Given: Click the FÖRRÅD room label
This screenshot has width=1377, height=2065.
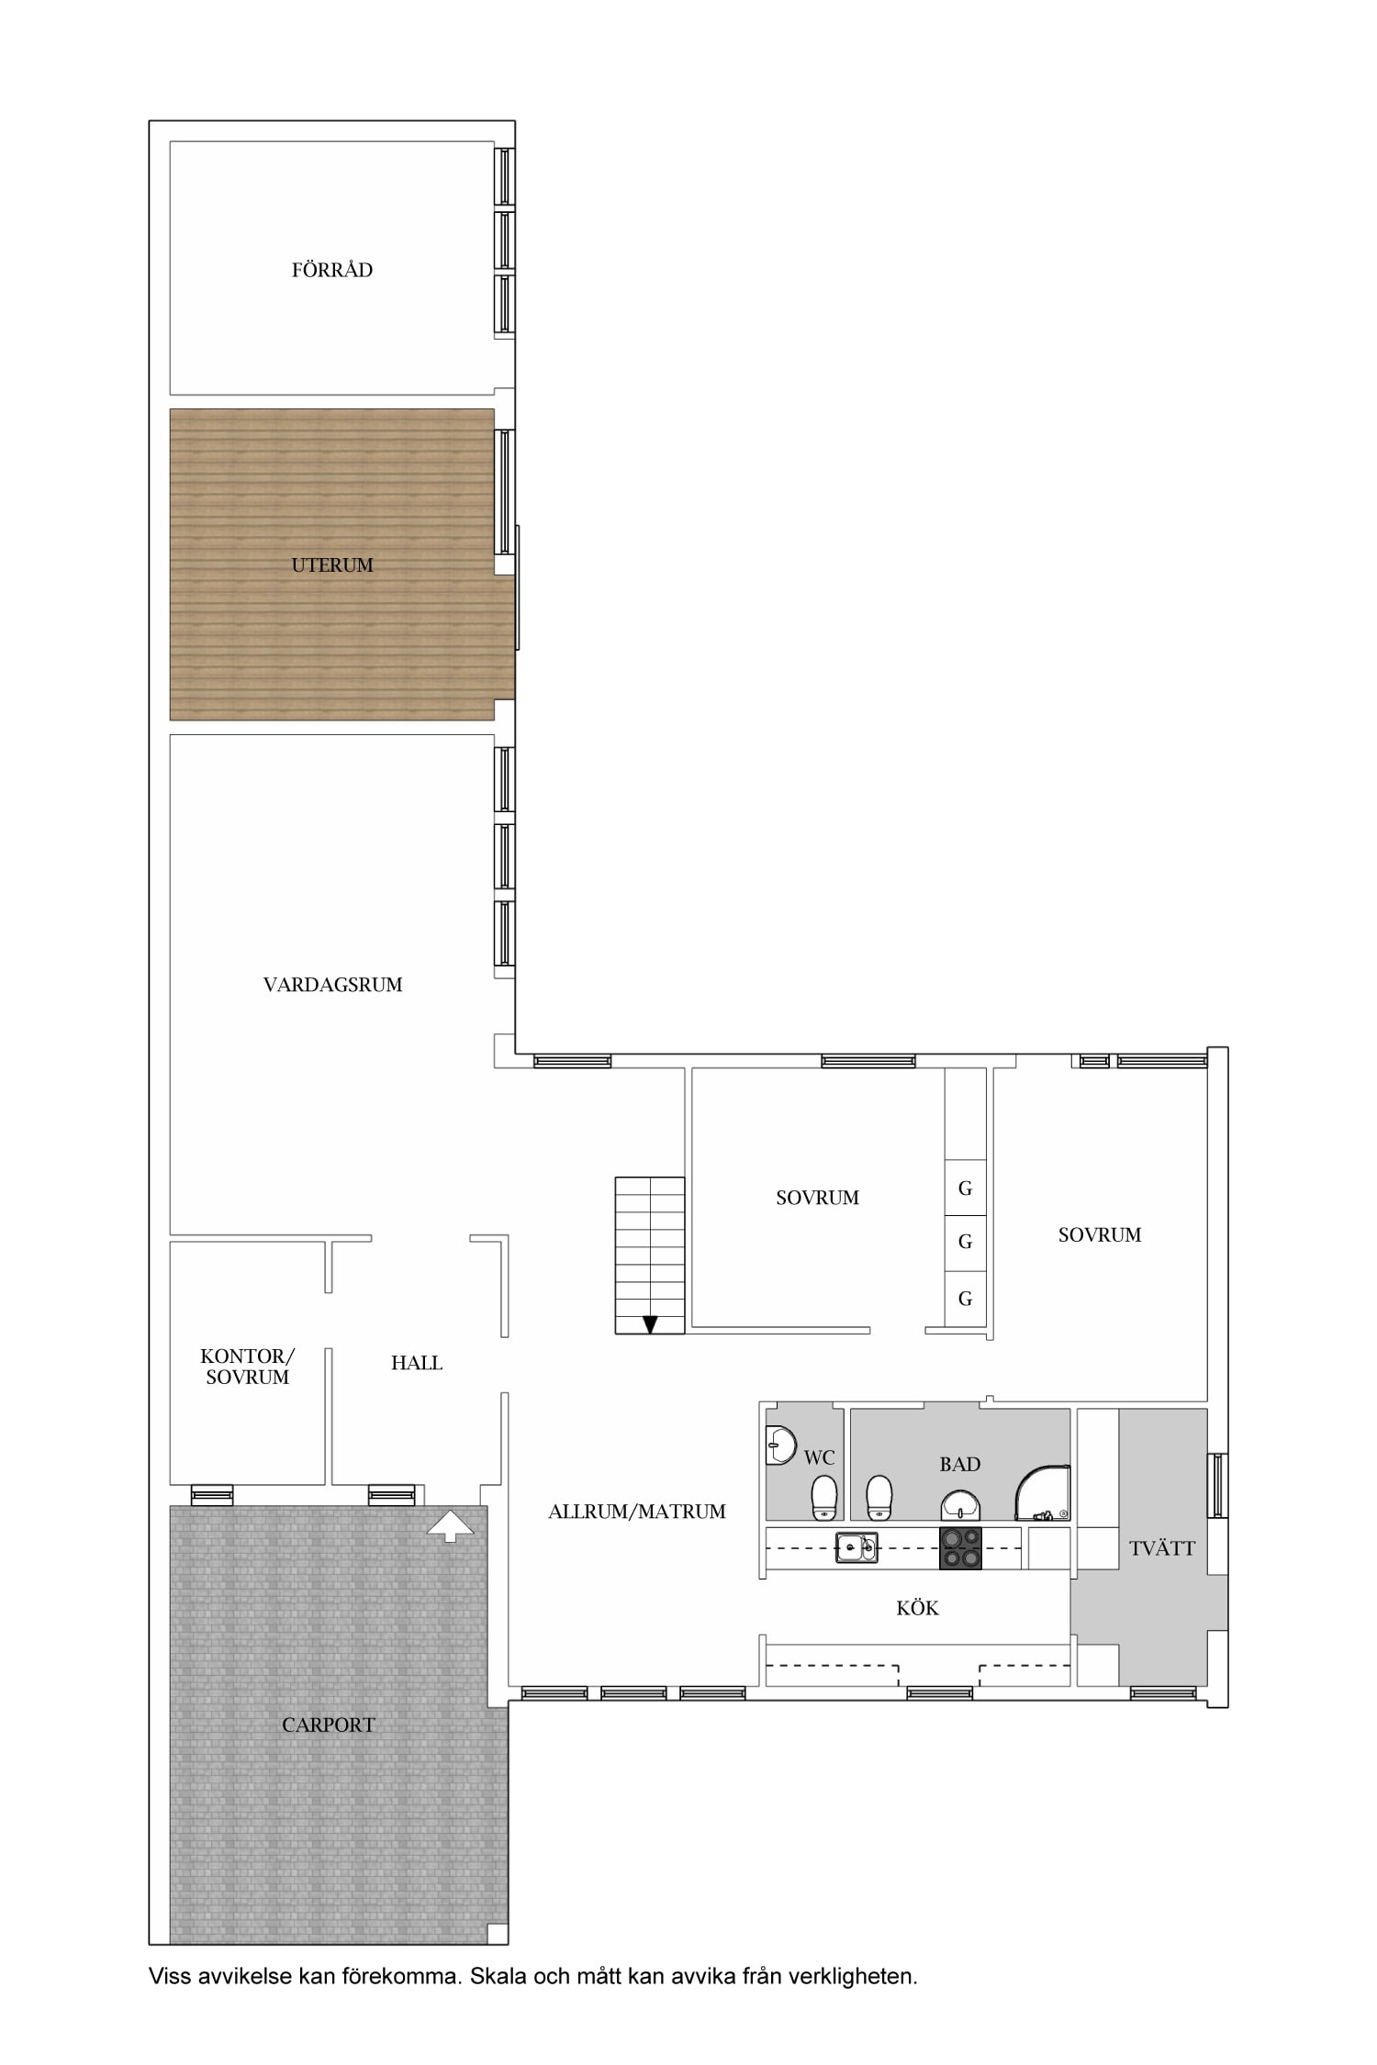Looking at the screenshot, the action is (x=332, y=270).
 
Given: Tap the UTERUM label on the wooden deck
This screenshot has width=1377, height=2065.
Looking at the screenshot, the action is (x=332, y=565).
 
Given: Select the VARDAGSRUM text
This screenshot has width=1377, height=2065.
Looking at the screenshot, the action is (x=333, y=985).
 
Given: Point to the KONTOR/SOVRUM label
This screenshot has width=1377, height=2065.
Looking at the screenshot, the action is (x=247, y=1366).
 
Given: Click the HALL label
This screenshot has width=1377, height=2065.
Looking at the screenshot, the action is (x=417, y=1363).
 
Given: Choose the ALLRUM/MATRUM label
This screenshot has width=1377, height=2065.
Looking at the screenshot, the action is (x=637, y=1512).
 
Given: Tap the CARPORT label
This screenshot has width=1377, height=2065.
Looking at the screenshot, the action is (x=329, y=1725).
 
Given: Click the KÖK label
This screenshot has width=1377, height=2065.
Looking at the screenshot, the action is (x=918, y=1608).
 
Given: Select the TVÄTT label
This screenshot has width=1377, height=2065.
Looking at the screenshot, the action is (x=1162, y=1548).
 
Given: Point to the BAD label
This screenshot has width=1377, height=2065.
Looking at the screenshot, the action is (x=960, y=1464).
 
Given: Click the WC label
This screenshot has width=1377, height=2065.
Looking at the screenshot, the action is (x=819, y=1457).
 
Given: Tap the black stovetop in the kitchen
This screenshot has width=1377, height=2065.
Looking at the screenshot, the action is (x=960, y=1548).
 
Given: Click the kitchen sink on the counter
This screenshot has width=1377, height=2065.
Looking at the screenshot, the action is (x=856, y=1547).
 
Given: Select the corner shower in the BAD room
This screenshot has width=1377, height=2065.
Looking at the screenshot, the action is (x=1043, y=1493).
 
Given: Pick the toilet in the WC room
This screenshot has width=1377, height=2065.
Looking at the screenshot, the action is (x=824, y=1498).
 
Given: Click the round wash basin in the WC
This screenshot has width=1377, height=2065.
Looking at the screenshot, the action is (x=779, y=1445).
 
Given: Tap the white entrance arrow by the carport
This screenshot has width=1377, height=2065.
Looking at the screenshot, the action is (x=451, y=1525).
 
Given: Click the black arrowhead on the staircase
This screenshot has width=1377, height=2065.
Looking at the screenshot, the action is (x=650, y=1324).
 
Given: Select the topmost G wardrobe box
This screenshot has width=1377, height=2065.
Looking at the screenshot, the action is (x=966, y=1189).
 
